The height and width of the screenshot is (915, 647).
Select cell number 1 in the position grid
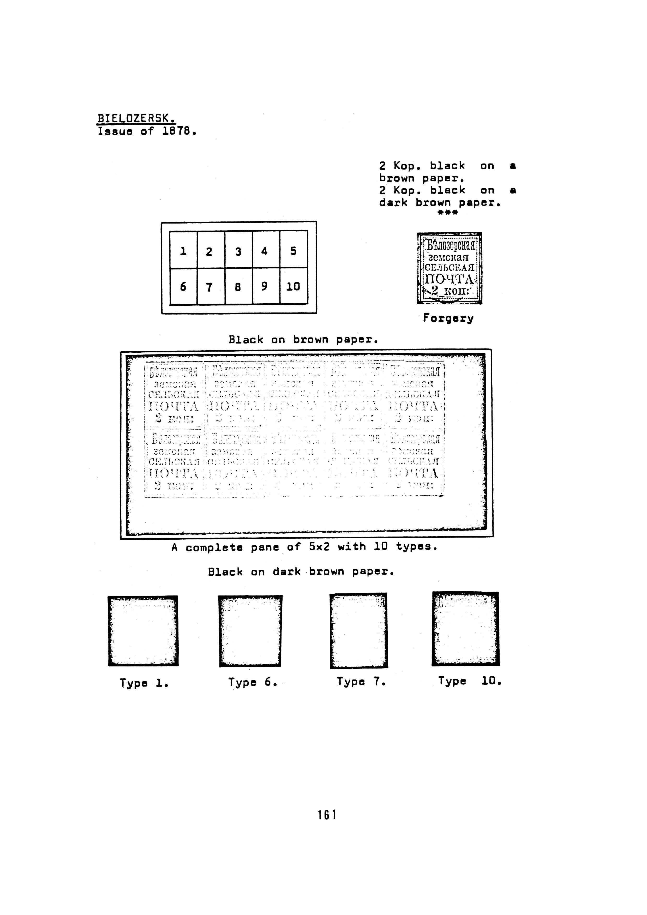click(x=183, y=251)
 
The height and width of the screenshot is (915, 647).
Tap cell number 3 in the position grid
click(x=238, y=251)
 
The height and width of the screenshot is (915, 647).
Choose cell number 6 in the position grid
click(x=183, y=287)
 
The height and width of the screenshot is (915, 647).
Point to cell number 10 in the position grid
click(x=293, y=287)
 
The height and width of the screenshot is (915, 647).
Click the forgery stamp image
click(x=449, y=268)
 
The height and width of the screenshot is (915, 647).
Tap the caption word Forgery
click(x=448, y=318)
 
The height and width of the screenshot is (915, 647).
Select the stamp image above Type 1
click(x=143, y=631)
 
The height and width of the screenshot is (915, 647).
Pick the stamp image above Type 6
click(x=250, y=631)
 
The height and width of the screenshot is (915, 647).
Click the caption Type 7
click(x=361, y=682)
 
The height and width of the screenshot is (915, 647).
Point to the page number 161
click(x=327, y=815)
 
